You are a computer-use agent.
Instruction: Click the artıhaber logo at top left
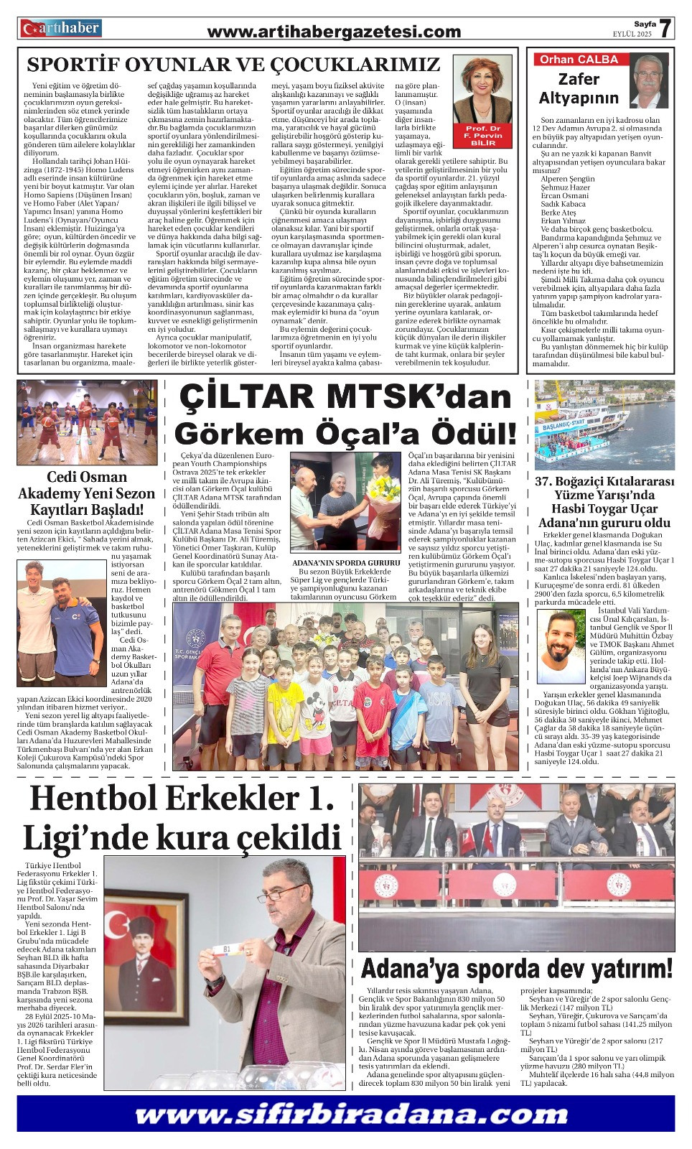tap(61, 28)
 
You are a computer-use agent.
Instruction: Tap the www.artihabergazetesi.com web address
tap(334, 32)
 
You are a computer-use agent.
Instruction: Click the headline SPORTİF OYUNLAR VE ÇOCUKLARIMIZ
tap(233, 65)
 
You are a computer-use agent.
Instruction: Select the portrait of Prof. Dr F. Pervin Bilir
tap(482, 90)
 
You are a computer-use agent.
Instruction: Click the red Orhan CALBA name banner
tap(580, 60)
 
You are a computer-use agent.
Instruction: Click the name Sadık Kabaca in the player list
tap(563, 204)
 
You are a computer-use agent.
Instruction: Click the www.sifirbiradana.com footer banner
tap(345, 1115)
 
